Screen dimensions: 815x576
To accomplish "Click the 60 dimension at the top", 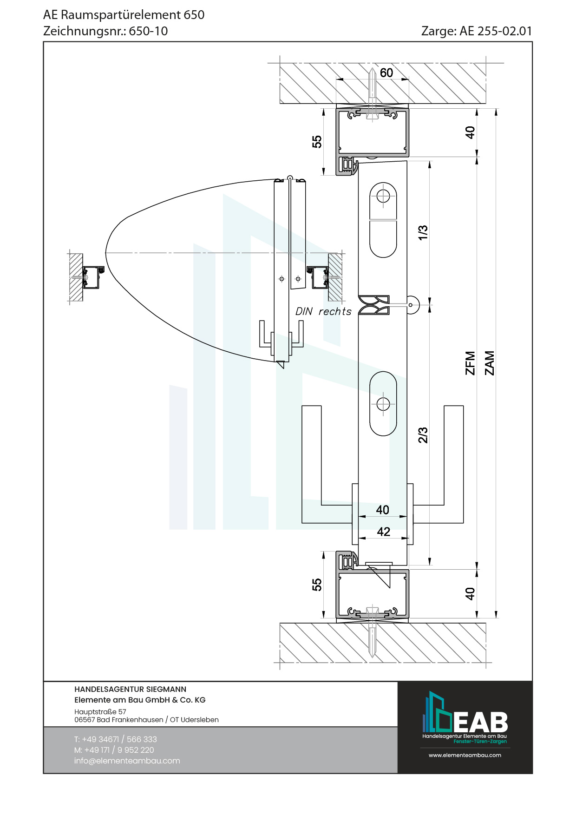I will pos(386,73).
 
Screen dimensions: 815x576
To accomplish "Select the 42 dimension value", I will pos(383,532).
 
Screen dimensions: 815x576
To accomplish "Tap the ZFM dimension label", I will pos(470,363).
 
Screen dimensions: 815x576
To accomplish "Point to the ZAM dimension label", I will pos(490,363).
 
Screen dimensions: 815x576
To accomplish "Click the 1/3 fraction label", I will pos(423,232).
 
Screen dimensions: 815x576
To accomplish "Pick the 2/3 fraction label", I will pos(423,435).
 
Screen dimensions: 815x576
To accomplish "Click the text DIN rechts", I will pos(323,311).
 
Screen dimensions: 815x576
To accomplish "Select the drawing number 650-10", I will pos(148,31).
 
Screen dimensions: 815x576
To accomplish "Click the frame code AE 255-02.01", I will pos(496,31).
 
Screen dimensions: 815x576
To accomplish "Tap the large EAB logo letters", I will pos(480,722).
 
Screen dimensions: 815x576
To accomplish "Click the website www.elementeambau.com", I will pos(465,755).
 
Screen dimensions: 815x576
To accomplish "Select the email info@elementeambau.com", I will pos(127,761).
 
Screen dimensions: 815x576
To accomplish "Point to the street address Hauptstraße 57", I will pos(100,711).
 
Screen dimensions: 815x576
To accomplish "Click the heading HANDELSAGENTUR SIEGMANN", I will pos(130,689).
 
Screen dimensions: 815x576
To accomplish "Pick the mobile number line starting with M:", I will pos(114,750).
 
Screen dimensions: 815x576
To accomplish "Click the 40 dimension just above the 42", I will pos(382,510).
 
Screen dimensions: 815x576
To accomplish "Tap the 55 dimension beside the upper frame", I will pos(317,142).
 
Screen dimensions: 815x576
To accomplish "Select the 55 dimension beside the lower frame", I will pos(317,585).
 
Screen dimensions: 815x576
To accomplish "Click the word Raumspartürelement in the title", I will pos(120,15).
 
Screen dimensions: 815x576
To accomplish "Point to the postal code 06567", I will pos(85,720).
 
